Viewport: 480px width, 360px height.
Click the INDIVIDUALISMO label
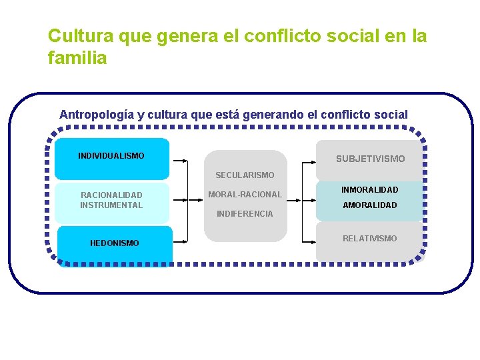click(x=111, y=156)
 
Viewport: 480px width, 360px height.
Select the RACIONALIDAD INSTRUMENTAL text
click(x=111, y=200)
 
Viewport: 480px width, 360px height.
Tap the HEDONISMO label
click(x=115, y=243)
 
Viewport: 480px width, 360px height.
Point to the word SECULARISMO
click(x=245, y=175)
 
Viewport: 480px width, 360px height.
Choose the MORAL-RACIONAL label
click(x=245, y=195)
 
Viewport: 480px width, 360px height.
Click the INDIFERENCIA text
click(x=245, y=214)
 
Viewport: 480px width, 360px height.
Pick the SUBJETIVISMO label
click(x=370, y=159)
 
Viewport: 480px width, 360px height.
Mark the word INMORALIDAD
click(x=370, y=190)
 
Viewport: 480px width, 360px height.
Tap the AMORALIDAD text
click(x=370, y=205)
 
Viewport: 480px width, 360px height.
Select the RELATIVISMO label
click(x=370, y=238)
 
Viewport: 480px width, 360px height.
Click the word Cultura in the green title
click(x=74, y=35)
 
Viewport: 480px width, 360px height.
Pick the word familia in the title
click(x=77, y=58)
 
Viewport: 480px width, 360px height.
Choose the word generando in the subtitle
click(x=273, y=115)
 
